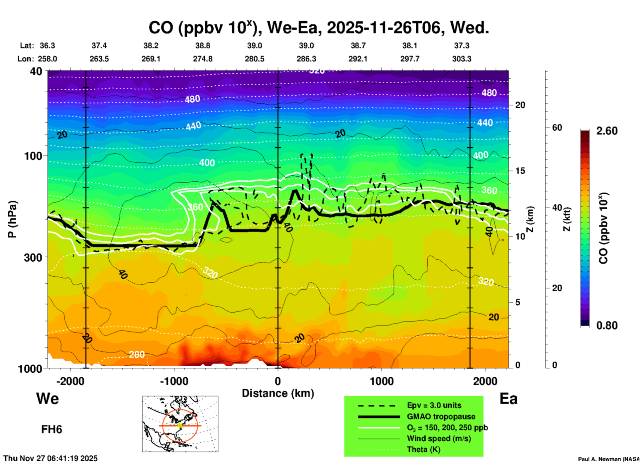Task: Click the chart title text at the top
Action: [x=318, y=28]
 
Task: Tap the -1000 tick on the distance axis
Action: [x=174, y=381]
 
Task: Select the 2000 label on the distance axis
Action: [x=485, y=381]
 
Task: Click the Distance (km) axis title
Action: [x=278, y=394]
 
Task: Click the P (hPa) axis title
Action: [x=12, y=219]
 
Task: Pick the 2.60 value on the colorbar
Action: [x=607, y=131]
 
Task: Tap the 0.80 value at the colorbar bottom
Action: [x=607, y=325]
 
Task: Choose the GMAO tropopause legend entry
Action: [x=441, y=417]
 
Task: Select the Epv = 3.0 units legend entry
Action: [x=434, y=406]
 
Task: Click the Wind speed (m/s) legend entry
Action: [x=439, y=439]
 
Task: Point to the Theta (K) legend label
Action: [x=424, y=450]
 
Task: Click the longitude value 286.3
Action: [x=306, y=59]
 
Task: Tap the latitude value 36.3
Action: [x=47, y=46]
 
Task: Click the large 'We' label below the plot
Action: [x=48, y=399]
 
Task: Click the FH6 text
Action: [x=52, y=429]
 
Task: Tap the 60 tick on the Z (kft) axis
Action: [x=557, y=128]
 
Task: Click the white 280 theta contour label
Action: [x=137, y=355]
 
